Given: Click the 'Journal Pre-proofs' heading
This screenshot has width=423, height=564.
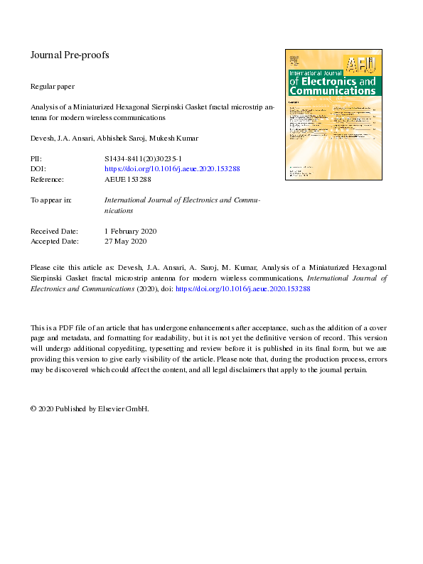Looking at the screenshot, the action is pyautogui.click(x=69, y=55).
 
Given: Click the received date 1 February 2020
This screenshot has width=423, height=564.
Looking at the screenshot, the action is pyautogui.click(x=130, y=231).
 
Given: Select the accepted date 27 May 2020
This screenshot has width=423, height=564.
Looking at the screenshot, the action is pyautogui.click(x=125, y=242).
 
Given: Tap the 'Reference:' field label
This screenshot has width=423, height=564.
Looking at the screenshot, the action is pyautogui.click(x=47, y=179).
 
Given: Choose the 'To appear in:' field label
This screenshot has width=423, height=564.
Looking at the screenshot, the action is pyautogui.click(x=50, y=200).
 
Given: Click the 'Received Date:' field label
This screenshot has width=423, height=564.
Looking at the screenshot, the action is pyautogui.click(x=54, y=231).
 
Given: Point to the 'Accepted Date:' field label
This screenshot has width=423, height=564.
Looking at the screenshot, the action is pyautogui.click(x=54, y=242).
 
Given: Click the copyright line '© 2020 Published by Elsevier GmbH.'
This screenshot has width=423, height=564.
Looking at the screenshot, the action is pyautogui.click(x=90, y=409).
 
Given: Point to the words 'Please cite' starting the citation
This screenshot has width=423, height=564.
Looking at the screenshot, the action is pyautogui.click(x=45, y=268).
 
